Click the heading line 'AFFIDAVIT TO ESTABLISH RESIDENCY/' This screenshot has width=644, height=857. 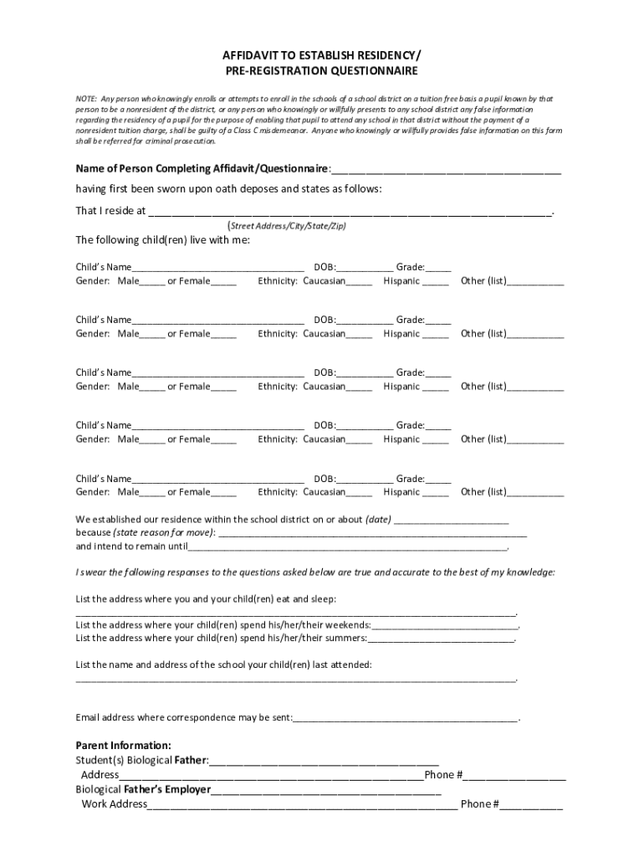322,56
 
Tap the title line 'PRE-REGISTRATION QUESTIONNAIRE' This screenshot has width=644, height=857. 322,72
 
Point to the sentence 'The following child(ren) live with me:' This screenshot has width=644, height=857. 162,240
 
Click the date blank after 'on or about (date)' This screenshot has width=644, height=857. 451,521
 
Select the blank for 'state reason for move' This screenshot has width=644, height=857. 372,534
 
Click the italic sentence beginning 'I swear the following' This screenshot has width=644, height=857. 314,572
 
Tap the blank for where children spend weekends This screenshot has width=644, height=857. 445,626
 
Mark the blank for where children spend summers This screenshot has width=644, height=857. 441,639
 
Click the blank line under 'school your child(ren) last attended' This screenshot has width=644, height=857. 296,680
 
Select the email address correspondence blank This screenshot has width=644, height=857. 406,719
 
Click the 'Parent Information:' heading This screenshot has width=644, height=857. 124,745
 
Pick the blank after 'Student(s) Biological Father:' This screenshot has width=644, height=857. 325,762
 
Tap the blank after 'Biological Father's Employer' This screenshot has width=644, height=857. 326,790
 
